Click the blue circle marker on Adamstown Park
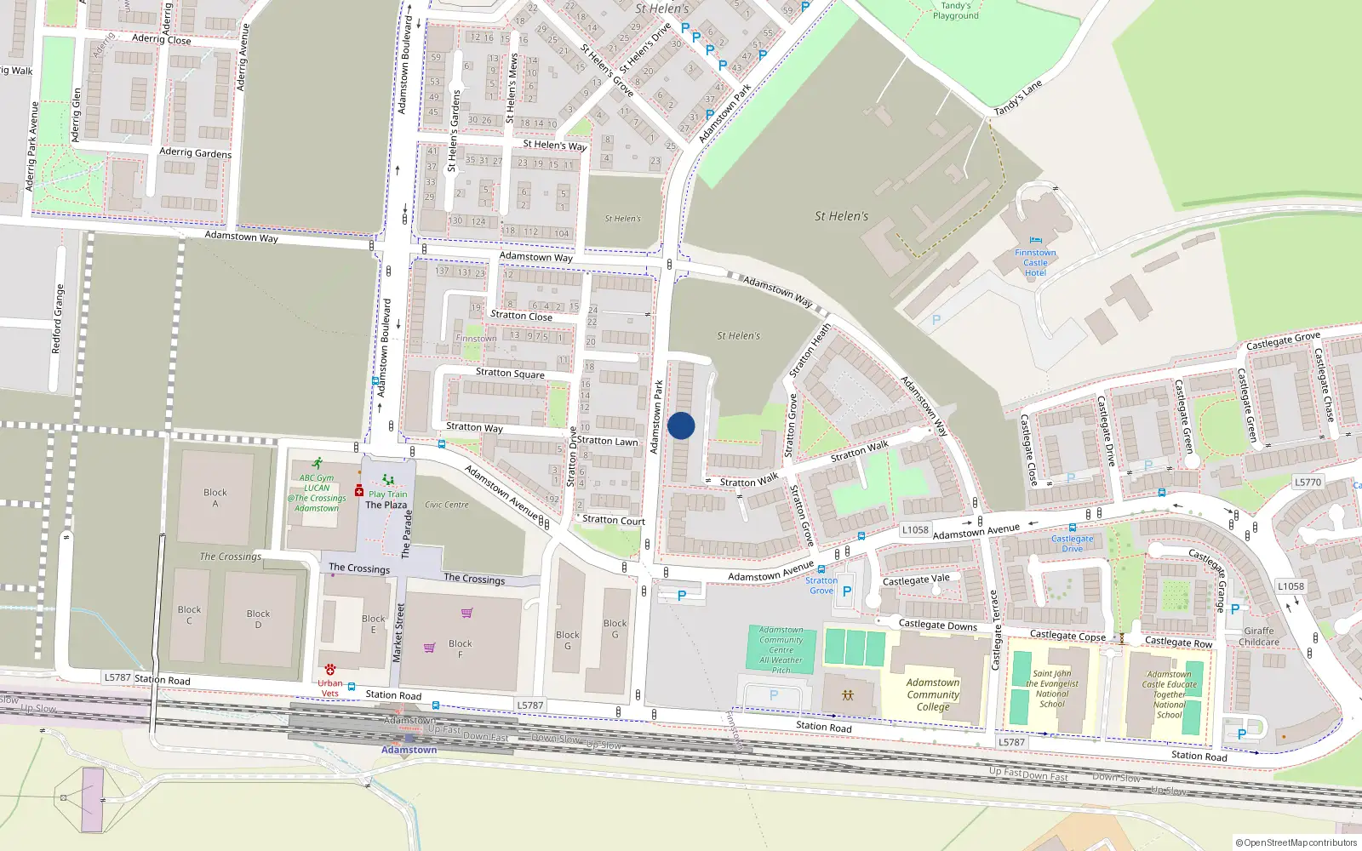681,425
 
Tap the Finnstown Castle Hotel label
1035,262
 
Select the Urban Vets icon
330,670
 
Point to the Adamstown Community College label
933,694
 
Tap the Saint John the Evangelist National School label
1052,688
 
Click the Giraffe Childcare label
1259,637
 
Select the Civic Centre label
447,505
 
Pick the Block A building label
215,498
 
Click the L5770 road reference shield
1308,482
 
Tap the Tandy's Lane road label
1018,98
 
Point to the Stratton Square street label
510,373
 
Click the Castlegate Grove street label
1283,340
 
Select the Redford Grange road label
57,319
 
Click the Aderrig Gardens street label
195,152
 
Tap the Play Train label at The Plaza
387,494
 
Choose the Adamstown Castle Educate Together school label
1170,694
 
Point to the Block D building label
258,619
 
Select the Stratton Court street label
614,520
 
